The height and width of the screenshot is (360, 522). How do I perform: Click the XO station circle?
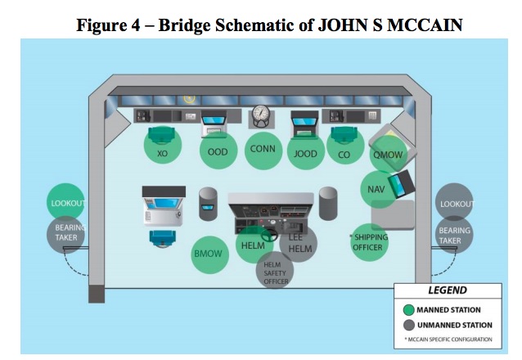(163, 153)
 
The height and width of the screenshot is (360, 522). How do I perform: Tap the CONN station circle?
(263, 149)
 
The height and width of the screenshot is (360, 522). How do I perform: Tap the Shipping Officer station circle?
(370, 243)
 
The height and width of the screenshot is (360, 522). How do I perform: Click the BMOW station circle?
(209, 254)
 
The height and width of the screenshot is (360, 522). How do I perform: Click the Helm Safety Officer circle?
(275, 272)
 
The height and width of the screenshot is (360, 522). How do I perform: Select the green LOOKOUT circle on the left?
(66, 204)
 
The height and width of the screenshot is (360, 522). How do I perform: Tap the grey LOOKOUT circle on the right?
(457, 204)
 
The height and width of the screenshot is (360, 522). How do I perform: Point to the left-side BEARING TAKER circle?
(65, 233)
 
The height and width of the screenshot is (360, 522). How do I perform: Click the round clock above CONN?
(260, 113)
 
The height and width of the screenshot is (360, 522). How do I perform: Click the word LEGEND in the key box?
(447, 291)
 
